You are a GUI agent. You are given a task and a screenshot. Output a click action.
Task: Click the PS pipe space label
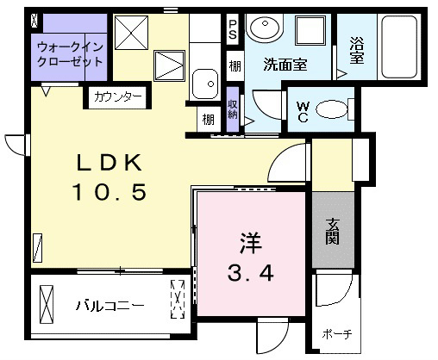(233, 29)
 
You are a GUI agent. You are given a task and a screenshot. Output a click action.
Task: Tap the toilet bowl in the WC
(332, 109)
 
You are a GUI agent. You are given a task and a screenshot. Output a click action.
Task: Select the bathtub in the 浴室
(399, 47)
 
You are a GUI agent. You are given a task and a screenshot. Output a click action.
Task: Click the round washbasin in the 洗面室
(265, 28)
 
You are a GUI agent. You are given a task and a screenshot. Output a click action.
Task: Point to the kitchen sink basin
(205, 84)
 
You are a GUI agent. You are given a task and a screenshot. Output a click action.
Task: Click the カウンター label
(118, 96)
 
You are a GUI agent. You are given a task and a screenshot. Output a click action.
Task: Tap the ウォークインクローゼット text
(70, 54)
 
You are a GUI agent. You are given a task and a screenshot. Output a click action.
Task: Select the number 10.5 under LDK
(109, 192)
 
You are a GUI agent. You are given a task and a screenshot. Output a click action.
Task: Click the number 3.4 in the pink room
(251, 273)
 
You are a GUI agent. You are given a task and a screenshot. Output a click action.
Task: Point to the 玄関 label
(333, 232)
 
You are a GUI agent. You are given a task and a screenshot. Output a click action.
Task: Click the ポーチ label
(337, 334)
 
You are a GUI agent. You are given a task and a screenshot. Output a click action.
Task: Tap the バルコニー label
(110, 306)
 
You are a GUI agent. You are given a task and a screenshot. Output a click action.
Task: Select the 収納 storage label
(233, 109)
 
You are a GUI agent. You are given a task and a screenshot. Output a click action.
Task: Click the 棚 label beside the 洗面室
(235, 66)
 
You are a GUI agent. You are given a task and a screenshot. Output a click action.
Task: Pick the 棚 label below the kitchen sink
(209, 119)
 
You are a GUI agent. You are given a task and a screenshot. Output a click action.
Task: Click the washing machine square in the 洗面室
(310, 30)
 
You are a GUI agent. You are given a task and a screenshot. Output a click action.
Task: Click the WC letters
(303, 112)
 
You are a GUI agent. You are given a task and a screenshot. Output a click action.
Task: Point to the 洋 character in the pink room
(251, 243)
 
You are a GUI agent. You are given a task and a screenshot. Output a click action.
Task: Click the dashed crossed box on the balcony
(178, 299)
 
